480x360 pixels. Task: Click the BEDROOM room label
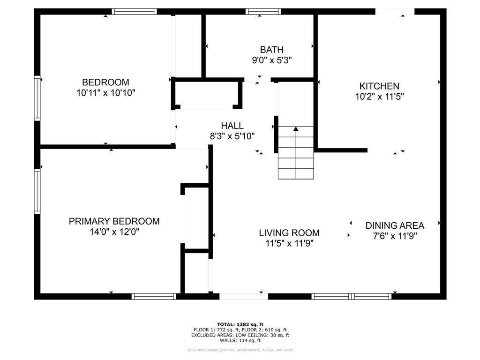click(105, 82)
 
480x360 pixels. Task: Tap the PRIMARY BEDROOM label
click(114, 221)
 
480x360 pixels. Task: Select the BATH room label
click(272, 49)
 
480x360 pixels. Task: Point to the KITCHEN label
click(379, 86)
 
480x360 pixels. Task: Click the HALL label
click(232, 126)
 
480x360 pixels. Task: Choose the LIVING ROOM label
click(289, 233)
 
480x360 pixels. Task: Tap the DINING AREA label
click(395, 225)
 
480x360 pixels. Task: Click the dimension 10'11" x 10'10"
click(106, 93)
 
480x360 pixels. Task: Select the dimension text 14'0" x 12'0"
click(114, 232)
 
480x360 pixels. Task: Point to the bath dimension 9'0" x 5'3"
click(272, 60)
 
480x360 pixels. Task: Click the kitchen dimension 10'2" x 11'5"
click(379, 97)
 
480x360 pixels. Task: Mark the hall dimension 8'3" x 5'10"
click(232, 136)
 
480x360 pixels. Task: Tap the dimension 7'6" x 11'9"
click(395, 236)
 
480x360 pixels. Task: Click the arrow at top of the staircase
click(296, 129)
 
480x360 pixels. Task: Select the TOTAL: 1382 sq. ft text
click(240, 324)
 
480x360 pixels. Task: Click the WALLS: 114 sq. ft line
click(240, 341)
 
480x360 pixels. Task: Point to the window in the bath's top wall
click(263, 11)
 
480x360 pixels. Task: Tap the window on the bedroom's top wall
click(134, 11)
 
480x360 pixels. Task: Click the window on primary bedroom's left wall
click(37, 192)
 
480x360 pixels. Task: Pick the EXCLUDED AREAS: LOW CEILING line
click(240, 335)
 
